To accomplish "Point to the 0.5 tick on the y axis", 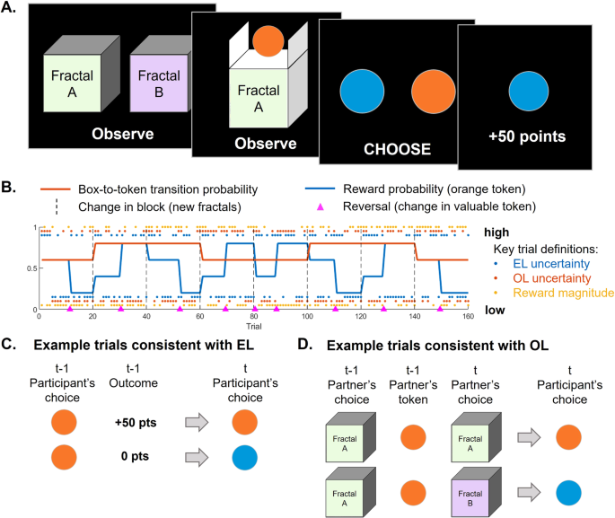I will pos(33,268).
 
